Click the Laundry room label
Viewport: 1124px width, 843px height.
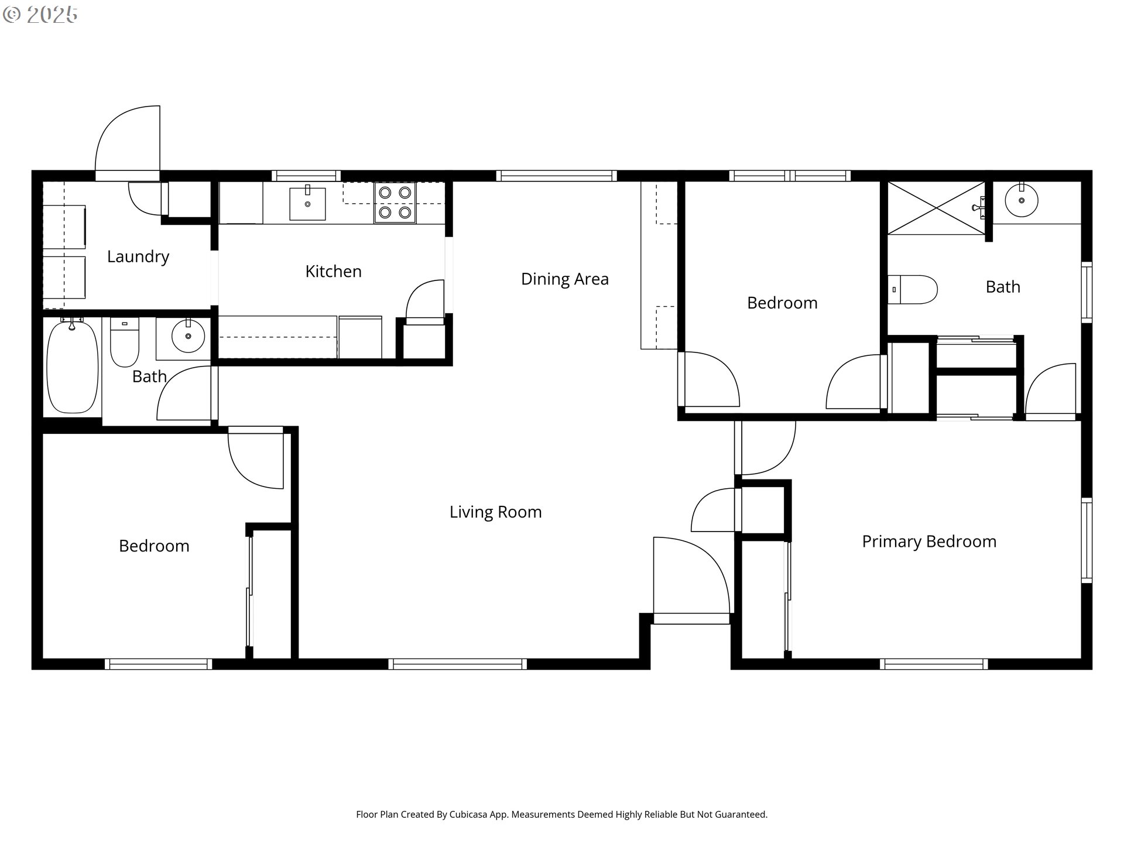[x=138, y=256]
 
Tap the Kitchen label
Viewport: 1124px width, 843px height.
[x=334, y=271]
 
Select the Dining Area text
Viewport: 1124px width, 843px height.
[x=565, y=279]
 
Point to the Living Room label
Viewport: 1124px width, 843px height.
[x=496, y=512]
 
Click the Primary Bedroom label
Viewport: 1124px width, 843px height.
[x=929, y=542]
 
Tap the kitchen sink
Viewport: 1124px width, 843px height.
[x=307, y=203]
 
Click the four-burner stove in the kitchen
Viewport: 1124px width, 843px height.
[x=395, y=203]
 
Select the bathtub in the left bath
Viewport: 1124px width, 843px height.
[x=72, y=366]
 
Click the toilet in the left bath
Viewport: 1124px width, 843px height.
[x=125, y=342]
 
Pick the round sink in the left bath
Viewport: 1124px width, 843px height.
[x=188, y=335]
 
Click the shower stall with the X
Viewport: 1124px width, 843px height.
[x=937, y=208]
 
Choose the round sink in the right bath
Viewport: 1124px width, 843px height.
[x=1022, y=200]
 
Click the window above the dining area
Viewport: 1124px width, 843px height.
[x=556, y=176]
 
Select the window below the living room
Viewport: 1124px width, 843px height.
[x=457, y=664]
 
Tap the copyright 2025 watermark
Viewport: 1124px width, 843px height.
[x=40, y=15]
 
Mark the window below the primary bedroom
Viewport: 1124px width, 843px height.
[x=934, y=664]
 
